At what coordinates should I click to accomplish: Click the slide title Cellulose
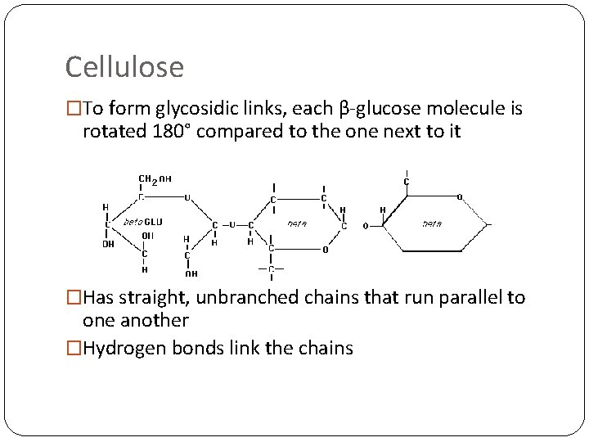124,66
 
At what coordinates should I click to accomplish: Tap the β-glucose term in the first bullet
373,109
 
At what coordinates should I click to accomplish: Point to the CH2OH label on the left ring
155,178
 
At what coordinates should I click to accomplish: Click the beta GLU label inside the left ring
142,222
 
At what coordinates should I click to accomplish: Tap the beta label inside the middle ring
296,222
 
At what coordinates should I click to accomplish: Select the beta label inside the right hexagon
431,223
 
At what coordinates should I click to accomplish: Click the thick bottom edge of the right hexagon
433,251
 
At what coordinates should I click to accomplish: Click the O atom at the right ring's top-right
459,196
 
